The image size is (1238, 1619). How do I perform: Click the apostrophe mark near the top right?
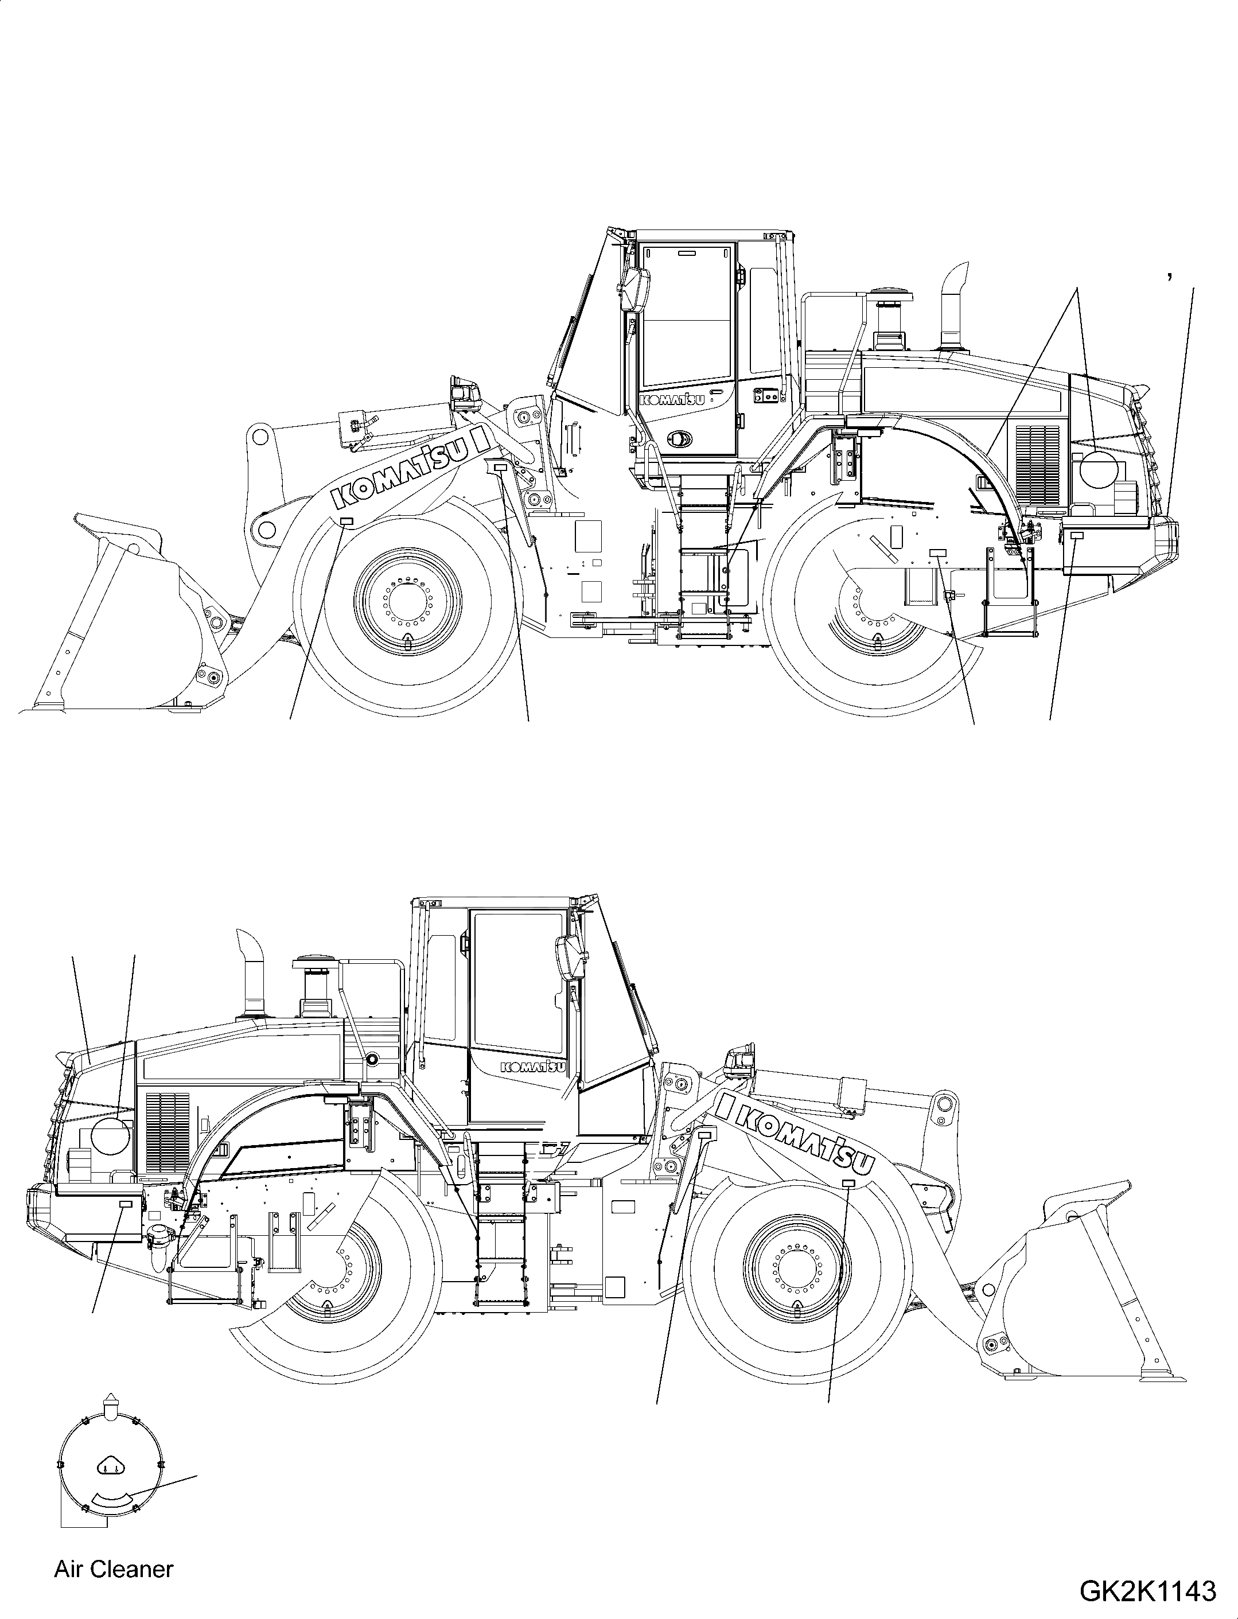(x=1170, y=277)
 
